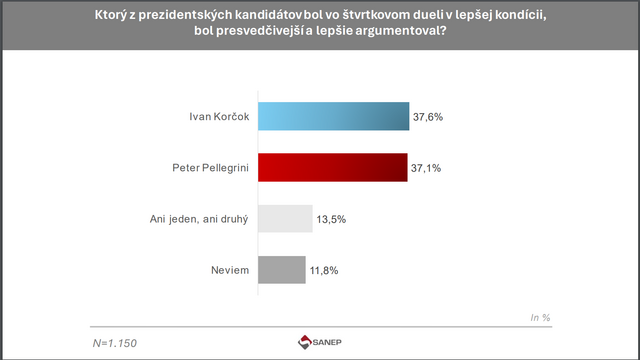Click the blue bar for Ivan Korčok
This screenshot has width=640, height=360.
[333, 117]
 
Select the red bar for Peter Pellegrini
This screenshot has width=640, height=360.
[332, 168]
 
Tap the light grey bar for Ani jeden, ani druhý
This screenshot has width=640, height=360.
[285, 219]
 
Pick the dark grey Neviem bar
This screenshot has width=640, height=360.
[281, 270]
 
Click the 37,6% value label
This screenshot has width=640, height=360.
[427, 117]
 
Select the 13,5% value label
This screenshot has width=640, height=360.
[332, 219]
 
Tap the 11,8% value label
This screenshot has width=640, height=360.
[325, 270]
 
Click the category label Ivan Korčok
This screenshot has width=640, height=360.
[218, 117]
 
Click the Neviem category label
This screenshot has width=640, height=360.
[228, 270]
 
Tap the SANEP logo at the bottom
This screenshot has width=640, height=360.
[319, 343]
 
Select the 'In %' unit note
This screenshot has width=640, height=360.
[540, 317]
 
